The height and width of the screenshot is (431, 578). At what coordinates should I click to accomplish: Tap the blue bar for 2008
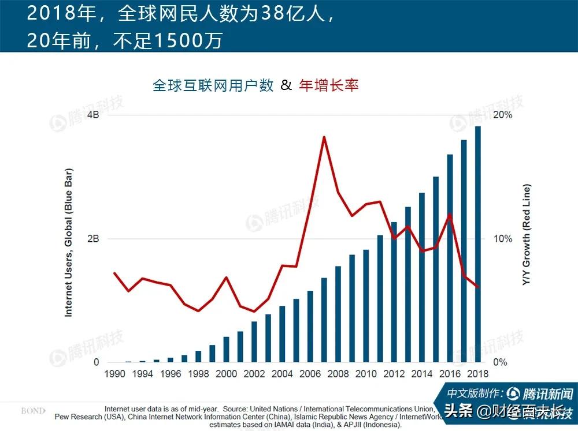pyautogui.click(x=338, y=314)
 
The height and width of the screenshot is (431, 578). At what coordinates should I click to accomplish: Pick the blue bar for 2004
pyautogui.click(x=282, y=335)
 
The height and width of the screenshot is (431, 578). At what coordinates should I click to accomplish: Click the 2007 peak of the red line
pyautogui.click(x=324, y=137)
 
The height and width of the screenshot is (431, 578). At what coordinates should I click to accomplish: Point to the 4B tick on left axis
pyautogui.click(x=93, y=115)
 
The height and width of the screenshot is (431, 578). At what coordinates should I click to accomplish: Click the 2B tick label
pyautogui.click(x=93, y=239)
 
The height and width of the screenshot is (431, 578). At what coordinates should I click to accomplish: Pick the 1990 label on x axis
pyautogui.click(x=114, y=374)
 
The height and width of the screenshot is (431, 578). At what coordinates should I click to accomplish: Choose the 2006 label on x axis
pyautogui.click(x=310, y=374)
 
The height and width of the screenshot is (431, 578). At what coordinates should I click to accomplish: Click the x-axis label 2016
pyautogui.click(x=450, y=374)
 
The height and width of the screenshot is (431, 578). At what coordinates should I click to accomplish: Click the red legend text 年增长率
pyautogui.click(x=329, y=85)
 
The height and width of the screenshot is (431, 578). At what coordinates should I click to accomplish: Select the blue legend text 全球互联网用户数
pyautogui.click(x=213, y=85)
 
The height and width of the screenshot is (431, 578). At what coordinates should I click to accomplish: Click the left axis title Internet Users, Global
pyautogui.click(x=68, y=242)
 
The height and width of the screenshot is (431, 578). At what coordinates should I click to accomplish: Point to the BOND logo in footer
pyautogui.click(x=33, y=411)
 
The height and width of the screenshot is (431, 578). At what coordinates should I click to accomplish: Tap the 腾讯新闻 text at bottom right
pyautogui.click(x=548, y=395)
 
